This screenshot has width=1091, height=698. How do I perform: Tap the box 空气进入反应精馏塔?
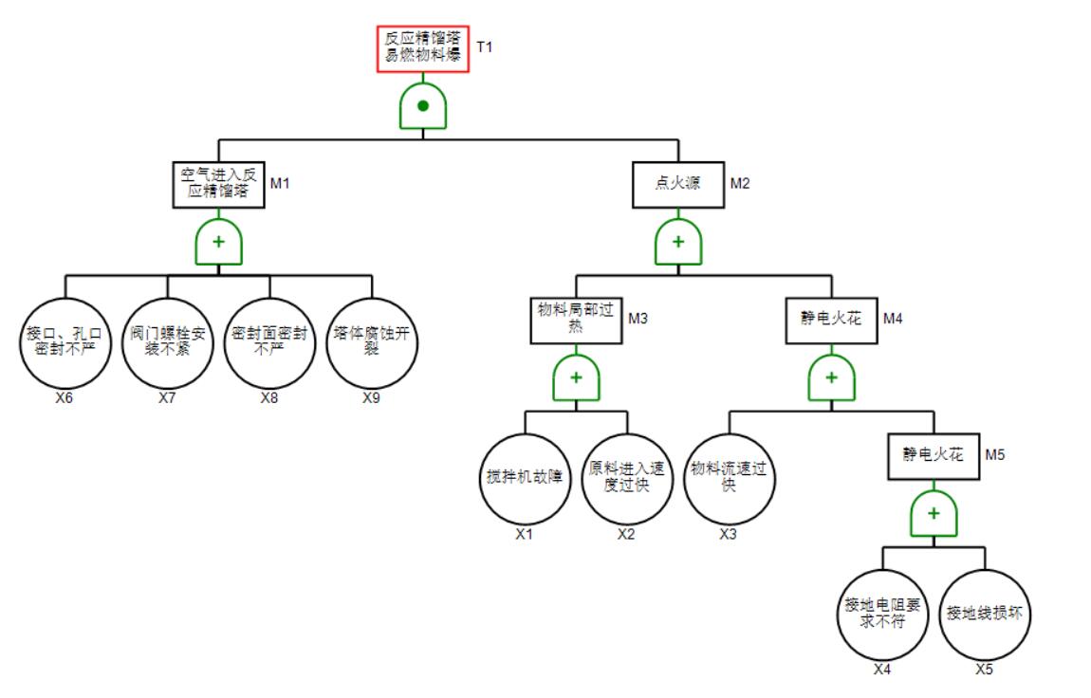219,183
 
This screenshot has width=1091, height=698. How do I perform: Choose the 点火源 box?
677,183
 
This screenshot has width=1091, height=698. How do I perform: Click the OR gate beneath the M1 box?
219,242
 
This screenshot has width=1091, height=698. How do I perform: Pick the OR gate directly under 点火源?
677,242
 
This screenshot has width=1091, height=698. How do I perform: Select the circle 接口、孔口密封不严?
65,343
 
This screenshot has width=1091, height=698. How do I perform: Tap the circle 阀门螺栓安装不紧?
167,343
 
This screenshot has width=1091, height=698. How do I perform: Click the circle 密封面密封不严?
269,343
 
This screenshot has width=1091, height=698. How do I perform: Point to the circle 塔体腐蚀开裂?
372,343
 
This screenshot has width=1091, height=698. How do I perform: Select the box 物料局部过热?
575,321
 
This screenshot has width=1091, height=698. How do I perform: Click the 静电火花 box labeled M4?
831,321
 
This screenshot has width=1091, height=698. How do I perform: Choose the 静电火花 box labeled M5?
934,456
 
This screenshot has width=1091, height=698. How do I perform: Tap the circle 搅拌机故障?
525,478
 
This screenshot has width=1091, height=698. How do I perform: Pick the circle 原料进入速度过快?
626,478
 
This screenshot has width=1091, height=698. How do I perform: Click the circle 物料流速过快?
729,478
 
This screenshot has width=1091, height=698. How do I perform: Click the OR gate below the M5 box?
934,513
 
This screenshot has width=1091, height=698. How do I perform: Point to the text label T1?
484,46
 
